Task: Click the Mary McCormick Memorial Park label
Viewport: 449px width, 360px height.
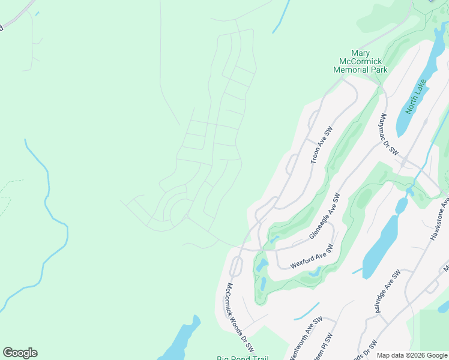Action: pyautogui.click(x=360, y=62)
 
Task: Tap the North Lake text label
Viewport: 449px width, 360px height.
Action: pyautogui.click(x=415, y=96)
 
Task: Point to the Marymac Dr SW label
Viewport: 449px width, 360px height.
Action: pyautogui.click(x=388, y=135)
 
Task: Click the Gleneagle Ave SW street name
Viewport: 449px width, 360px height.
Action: pyautogui.click(x=325, y=217)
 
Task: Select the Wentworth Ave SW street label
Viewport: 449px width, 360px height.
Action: pyautogui.click(x=306, y=338)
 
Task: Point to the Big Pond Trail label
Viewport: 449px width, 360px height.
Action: pyautogui.click(x=243, y=358)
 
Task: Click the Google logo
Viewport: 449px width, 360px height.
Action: pyautogui.click(x=20, y=353)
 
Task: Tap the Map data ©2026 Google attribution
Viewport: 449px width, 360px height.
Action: pyautogui.click(x=412, y=355)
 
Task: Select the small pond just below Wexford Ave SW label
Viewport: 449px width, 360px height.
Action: pyautogui.click(x=314, y=274)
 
